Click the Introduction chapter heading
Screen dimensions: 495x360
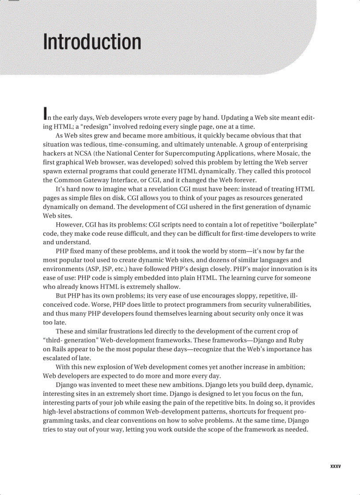(x=92, y=42)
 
